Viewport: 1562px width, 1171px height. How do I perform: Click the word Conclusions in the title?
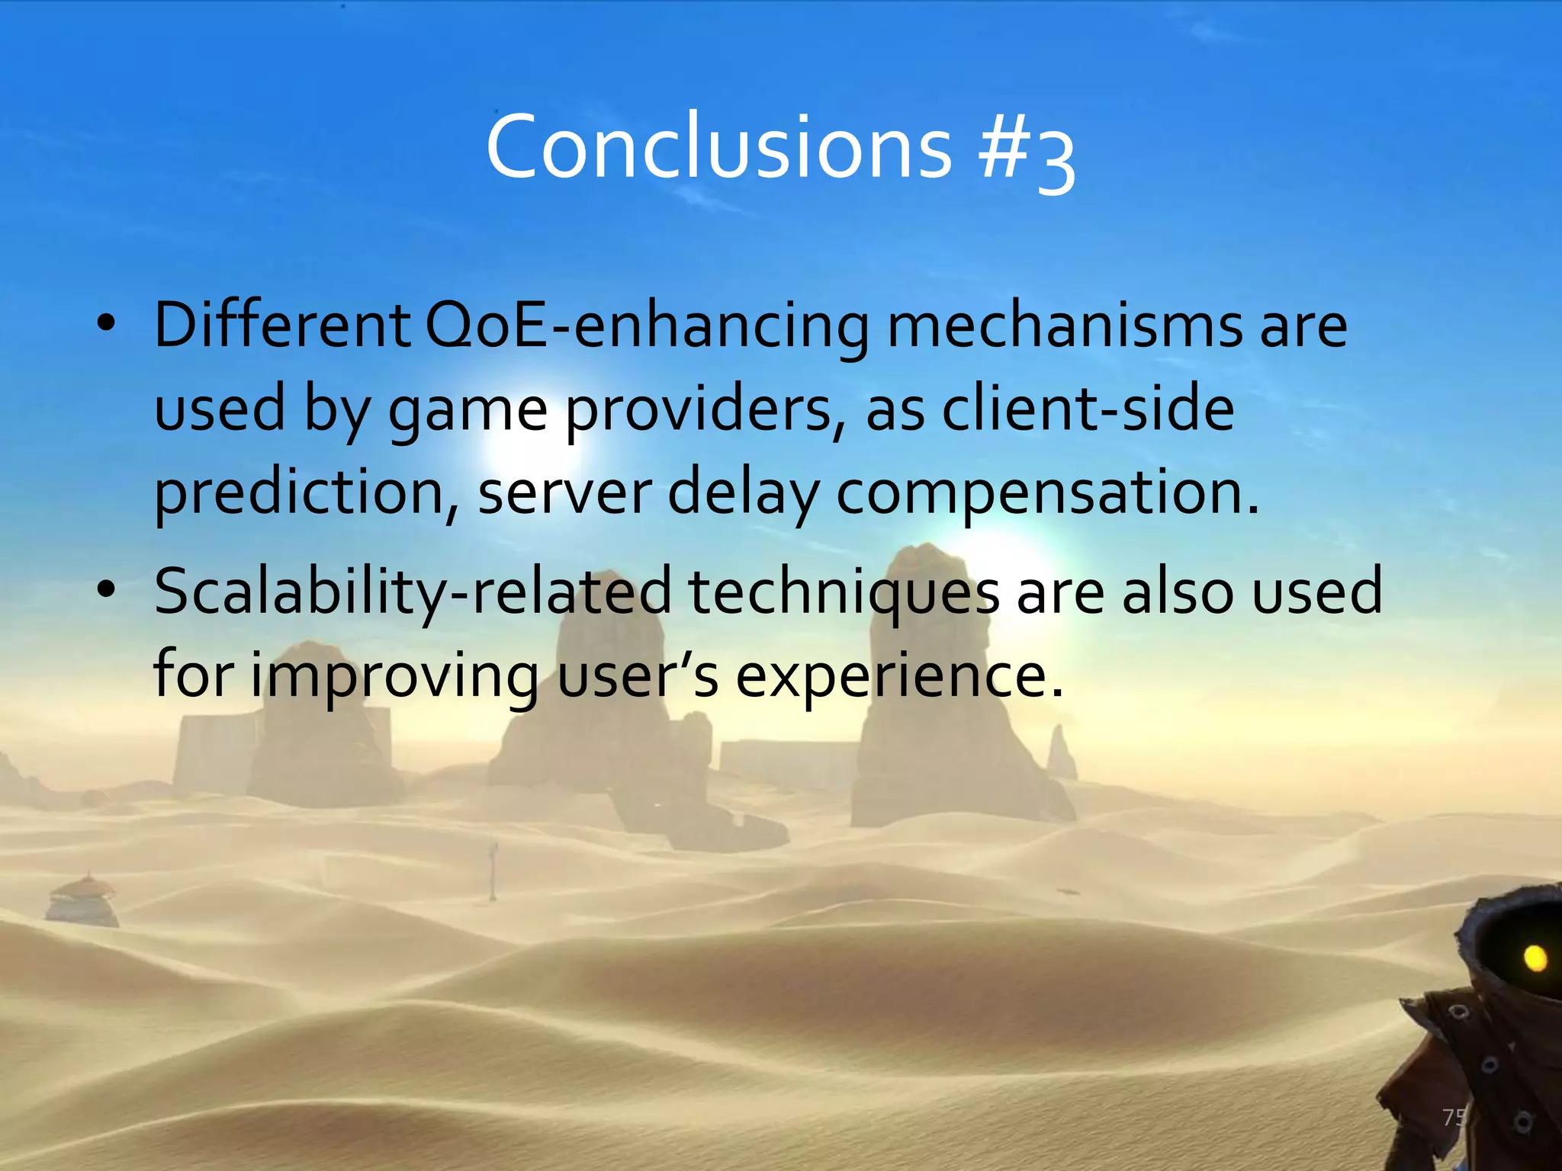click(x=718, y=146)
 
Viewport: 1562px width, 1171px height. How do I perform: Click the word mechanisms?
click(x=1065, y=326)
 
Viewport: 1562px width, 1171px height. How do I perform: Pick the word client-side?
click(x=1088, y=409)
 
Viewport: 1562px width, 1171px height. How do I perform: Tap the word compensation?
click(x=1046, y=494)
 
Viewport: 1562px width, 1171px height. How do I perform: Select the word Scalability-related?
click(x=413, y=593)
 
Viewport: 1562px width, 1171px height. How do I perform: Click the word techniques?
click(x=844, y=593)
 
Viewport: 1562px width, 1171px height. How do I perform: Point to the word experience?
click(x=898, y=677)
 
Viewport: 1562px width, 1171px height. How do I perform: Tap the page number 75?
click(x=1454, y=1118)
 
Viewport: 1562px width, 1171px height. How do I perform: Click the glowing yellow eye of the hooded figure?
click(x=1535, y=958)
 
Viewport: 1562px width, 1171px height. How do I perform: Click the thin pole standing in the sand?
click(x=494, y=869)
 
